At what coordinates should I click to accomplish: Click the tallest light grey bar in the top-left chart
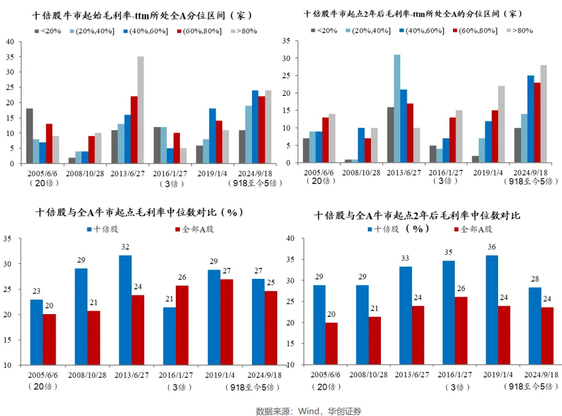click(x=141, y=110)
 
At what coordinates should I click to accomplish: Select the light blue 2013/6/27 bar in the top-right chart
click(x=397, y=109)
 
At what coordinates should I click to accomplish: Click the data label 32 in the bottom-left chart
click(x=125, y=247)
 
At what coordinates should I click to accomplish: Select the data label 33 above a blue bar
click(x=406, y=258)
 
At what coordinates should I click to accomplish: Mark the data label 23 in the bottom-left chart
click(x=36, y=291)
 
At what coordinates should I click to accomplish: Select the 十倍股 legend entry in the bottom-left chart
click(x=105, y=229)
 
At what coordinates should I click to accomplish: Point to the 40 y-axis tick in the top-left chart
click(x=10, y=41)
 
